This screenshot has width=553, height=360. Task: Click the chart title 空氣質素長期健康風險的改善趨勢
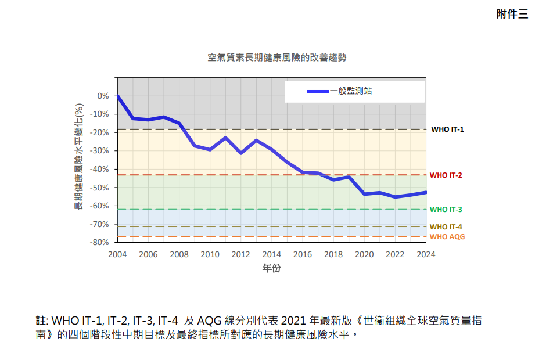(x=272, y=58)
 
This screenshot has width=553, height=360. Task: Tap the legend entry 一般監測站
(x=351, y=91)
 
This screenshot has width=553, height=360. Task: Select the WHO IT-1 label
(x=447, y=129)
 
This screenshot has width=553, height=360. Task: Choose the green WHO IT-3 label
(x=446, y=210)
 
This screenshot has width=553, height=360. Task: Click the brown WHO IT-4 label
(x=446, y=227)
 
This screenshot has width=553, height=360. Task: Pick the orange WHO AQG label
(x=447, y=237)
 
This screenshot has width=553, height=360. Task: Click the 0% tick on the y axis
(x=103, y=96)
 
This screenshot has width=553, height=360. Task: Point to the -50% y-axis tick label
(x=101, y=188)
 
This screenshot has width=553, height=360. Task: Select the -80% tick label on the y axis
(x=101, y=242)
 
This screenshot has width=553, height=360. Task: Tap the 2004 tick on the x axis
(x=117, y=254)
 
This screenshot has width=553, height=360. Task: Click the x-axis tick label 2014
(x=272, y=254)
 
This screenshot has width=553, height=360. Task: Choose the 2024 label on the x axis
(x=426, y=254)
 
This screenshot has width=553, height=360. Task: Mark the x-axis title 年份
(x=272, y=268)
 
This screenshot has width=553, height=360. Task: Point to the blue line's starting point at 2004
(x=117, y=96)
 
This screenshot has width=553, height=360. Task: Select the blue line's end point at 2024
(x=426, y=192)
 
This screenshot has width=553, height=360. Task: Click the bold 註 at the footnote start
(x=41, y=321)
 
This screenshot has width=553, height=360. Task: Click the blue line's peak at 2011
(x=225, y=138)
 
